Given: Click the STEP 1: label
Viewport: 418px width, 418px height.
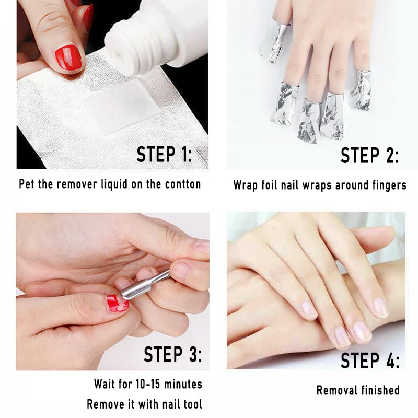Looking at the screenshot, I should tap(164, 155).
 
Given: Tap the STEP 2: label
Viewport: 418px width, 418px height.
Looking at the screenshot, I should tap(369, 155).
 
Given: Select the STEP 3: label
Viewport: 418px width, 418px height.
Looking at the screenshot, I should tap(172, 354).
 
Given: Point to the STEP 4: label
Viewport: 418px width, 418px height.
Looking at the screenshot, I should tap(370, 361).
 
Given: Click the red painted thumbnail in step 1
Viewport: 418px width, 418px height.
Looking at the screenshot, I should tap(68, 57).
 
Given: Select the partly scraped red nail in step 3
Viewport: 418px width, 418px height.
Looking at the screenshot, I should tap(118, 303).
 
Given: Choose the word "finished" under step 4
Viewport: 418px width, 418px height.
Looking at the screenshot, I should tap(380, 390).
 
